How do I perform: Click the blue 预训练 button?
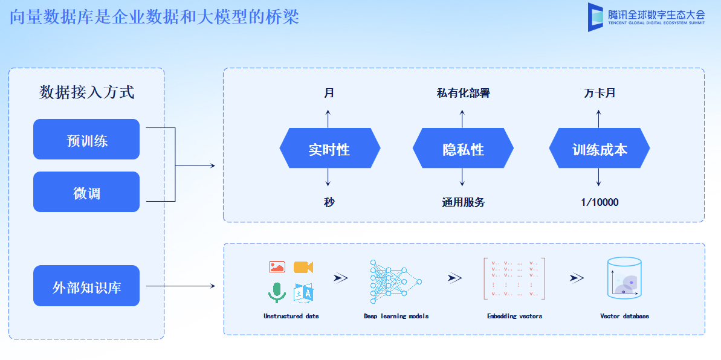pos(86,140)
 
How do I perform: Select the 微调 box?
pos(86,192)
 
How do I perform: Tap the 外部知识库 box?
pos(86,286)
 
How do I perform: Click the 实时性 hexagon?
pos(329,149)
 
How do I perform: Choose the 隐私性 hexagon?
pos(463,149)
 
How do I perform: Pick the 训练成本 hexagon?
pos(599,149)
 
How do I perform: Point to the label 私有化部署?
pos(463,93)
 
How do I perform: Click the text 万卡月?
pos(600,93)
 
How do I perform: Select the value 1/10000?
pos(600,202)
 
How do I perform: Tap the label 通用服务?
pos(463,202)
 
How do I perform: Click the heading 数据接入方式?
pos(86,92)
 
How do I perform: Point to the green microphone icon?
pos(277,292)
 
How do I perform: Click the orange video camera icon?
pos(303,267)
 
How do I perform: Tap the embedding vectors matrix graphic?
pos(514,278)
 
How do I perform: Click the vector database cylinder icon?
pos(624,278)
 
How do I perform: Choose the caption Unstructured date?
pos(291,316)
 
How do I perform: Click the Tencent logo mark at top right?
pos(596,17)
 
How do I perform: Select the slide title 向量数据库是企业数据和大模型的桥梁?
pos(155,16)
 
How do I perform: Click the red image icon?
pos(277,267)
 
